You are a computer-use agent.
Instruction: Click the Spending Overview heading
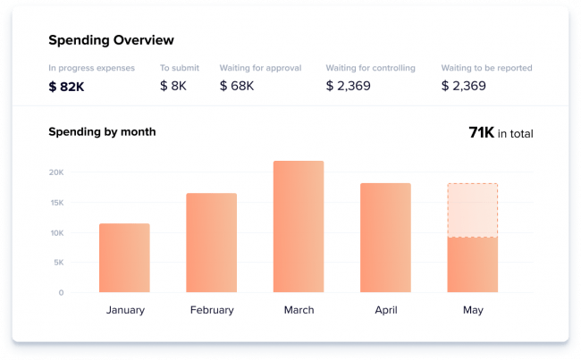(x=111, y=40)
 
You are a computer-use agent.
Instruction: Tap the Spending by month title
(x=102, y=132)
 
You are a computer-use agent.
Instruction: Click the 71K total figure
(x=482, y=133)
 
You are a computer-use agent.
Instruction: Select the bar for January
(x=124, y=258)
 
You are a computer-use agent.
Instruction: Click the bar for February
(x=211, y=243)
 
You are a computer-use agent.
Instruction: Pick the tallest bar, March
(x=299, y=227)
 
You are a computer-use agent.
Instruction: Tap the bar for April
(x=385, y=238)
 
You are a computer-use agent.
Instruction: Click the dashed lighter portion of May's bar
(x=472, y=211)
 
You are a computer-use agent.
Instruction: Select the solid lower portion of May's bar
(x=472, y=264)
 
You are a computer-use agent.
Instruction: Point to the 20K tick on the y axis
(x=55, y=172)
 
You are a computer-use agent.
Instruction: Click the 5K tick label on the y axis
(x=58, y=263)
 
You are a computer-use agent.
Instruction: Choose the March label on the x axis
(x=299, y=311)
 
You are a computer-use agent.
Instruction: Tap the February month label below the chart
(x=212, y=311)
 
